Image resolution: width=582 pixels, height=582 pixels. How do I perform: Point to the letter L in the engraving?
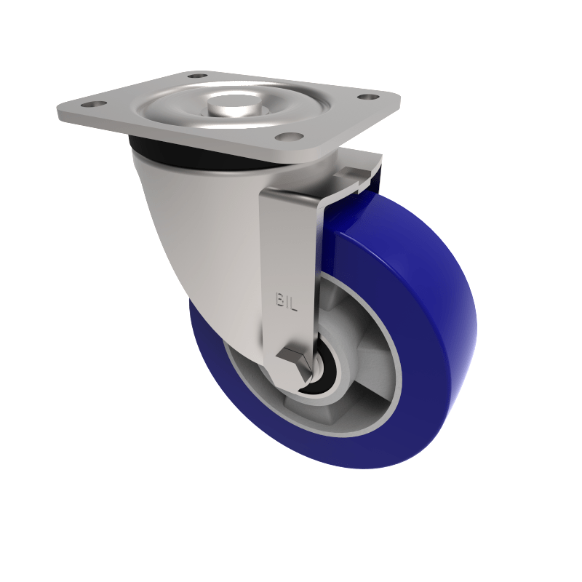(295, 300)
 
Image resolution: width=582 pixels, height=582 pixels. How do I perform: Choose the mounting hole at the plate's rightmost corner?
(369, 97)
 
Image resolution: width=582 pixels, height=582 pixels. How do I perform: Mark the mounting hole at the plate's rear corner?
(197, 75)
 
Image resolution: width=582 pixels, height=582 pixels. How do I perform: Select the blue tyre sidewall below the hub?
(291, 444)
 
